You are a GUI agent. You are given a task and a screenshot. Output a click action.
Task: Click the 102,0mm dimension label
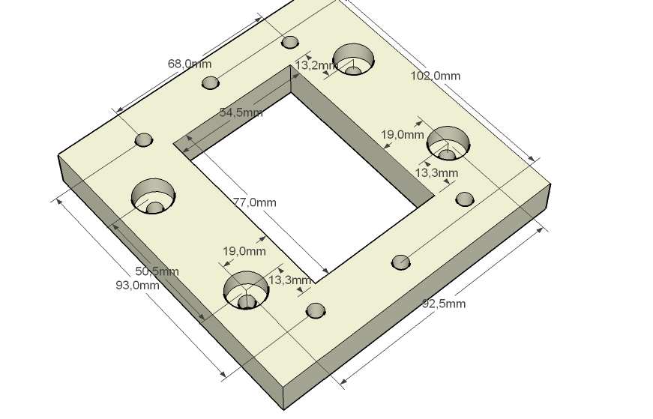(435, 76)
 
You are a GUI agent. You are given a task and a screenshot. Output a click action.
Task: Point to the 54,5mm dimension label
(241, 112)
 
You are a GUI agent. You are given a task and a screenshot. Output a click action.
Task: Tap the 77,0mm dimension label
(254, 202)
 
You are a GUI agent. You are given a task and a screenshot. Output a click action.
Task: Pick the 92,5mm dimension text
(444, 304)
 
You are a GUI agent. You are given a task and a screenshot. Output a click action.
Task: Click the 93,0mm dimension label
(136, 285)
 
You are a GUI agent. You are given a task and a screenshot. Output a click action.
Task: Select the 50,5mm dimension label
(156, 271)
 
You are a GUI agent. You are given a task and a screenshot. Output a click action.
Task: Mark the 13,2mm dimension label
(316, 66)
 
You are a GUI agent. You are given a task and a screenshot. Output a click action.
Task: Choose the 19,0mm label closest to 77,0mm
(244, 251)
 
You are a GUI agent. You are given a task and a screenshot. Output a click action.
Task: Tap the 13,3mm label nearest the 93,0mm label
(289, 280)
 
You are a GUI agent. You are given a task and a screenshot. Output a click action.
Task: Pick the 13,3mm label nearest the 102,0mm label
(436, 173)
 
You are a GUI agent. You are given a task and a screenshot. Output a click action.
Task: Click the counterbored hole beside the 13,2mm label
(353, 59)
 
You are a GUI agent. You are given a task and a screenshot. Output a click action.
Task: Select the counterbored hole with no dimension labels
(154, 196)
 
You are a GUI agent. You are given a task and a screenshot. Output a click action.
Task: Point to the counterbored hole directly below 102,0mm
(448, 142)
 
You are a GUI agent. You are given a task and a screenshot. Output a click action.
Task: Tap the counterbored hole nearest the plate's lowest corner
(246, 290)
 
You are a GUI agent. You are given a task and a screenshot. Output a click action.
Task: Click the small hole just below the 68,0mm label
(211, 82)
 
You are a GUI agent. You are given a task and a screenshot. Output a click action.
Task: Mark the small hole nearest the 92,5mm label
(401, 262)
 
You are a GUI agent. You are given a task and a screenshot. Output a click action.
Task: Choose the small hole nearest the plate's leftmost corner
(143, 139)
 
